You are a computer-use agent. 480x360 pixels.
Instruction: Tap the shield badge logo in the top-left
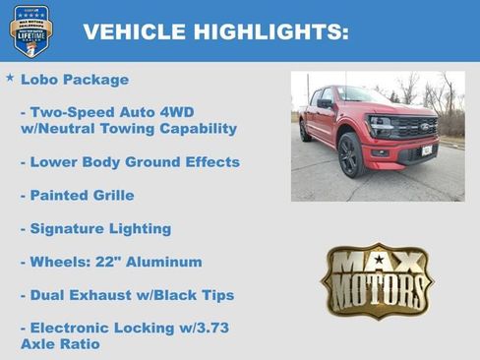coord(30,30)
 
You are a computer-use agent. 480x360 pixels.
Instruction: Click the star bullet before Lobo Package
coord(10,77)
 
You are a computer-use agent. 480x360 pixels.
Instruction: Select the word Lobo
coord(39,79)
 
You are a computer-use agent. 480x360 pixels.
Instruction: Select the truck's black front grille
coord(413,128)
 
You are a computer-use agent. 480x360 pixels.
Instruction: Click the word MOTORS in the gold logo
coord(378,292)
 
